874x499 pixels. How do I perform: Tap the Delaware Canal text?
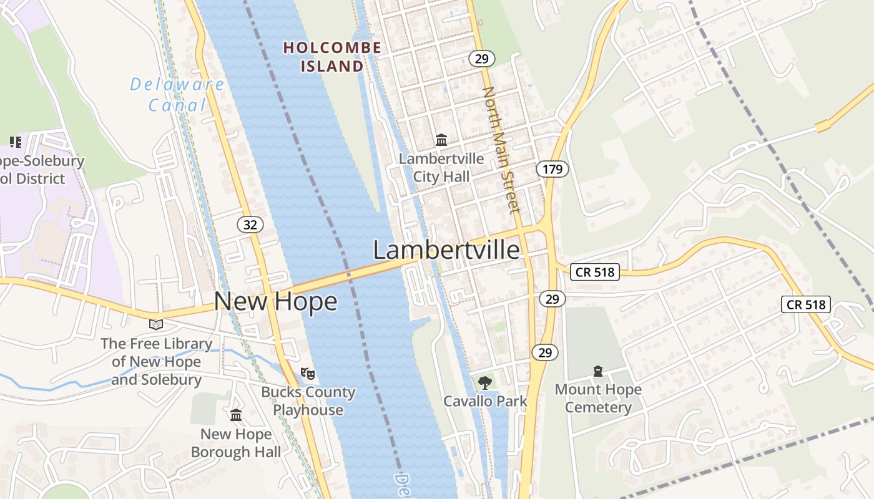pos(177,95)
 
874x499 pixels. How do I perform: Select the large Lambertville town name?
pos(446,250)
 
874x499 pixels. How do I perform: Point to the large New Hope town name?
pos(275,301)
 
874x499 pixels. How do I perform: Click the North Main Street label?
pos(501,150)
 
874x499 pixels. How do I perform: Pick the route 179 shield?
pos(552,168)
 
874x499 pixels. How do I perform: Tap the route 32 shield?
pos(250,225)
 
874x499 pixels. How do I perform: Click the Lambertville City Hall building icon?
pos(441,140)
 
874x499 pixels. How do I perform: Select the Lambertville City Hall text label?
pos(441,167)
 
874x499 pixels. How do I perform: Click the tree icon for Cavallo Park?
pos(484,382)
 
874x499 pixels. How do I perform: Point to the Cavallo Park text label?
pos(485,401)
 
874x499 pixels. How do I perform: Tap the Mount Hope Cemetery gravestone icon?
pos(598,372)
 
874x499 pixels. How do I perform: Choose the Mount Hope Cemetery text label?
pos(598,399)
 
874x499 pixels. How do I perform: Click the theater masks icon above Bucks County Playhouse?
pos(307,374)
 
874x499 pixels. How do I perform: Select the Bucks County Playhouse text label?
pos(308,401)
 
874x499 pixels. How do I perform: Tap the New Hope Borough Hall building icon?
pos(236,415)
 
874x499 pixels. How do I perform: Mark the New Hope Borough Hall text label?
pos(236,443)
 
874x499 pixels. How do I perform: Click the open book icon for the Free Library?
pos(156,324)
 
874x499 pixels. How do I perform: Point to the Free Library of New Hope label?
pos(157,361)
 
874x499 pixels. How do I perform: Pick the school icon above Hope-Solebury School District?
pos(16,142)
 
